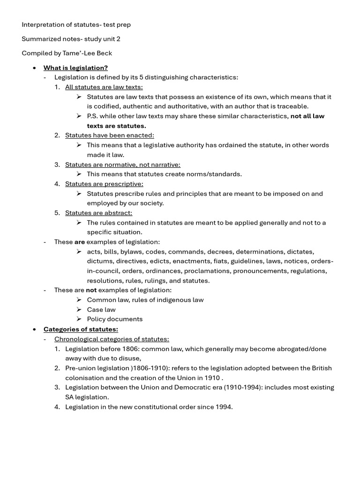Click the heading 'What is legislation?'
75,68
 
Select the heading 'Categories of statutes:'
81,329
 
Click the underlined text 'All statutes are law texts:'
104,87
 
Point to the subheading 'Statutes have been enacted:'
109,135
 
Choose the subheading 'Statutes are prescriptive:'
104,184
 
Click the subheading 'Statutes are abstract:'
98,213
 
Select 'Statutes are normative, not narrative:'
122,165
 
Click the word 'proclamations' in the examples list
206,271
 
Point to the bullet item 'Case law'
101,309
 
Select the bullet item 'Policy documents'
115,319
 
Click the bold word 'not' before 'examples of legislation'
91,290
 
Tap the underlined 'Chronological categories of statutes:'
112,339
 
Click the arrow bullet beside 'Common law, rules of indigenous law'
79,300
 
